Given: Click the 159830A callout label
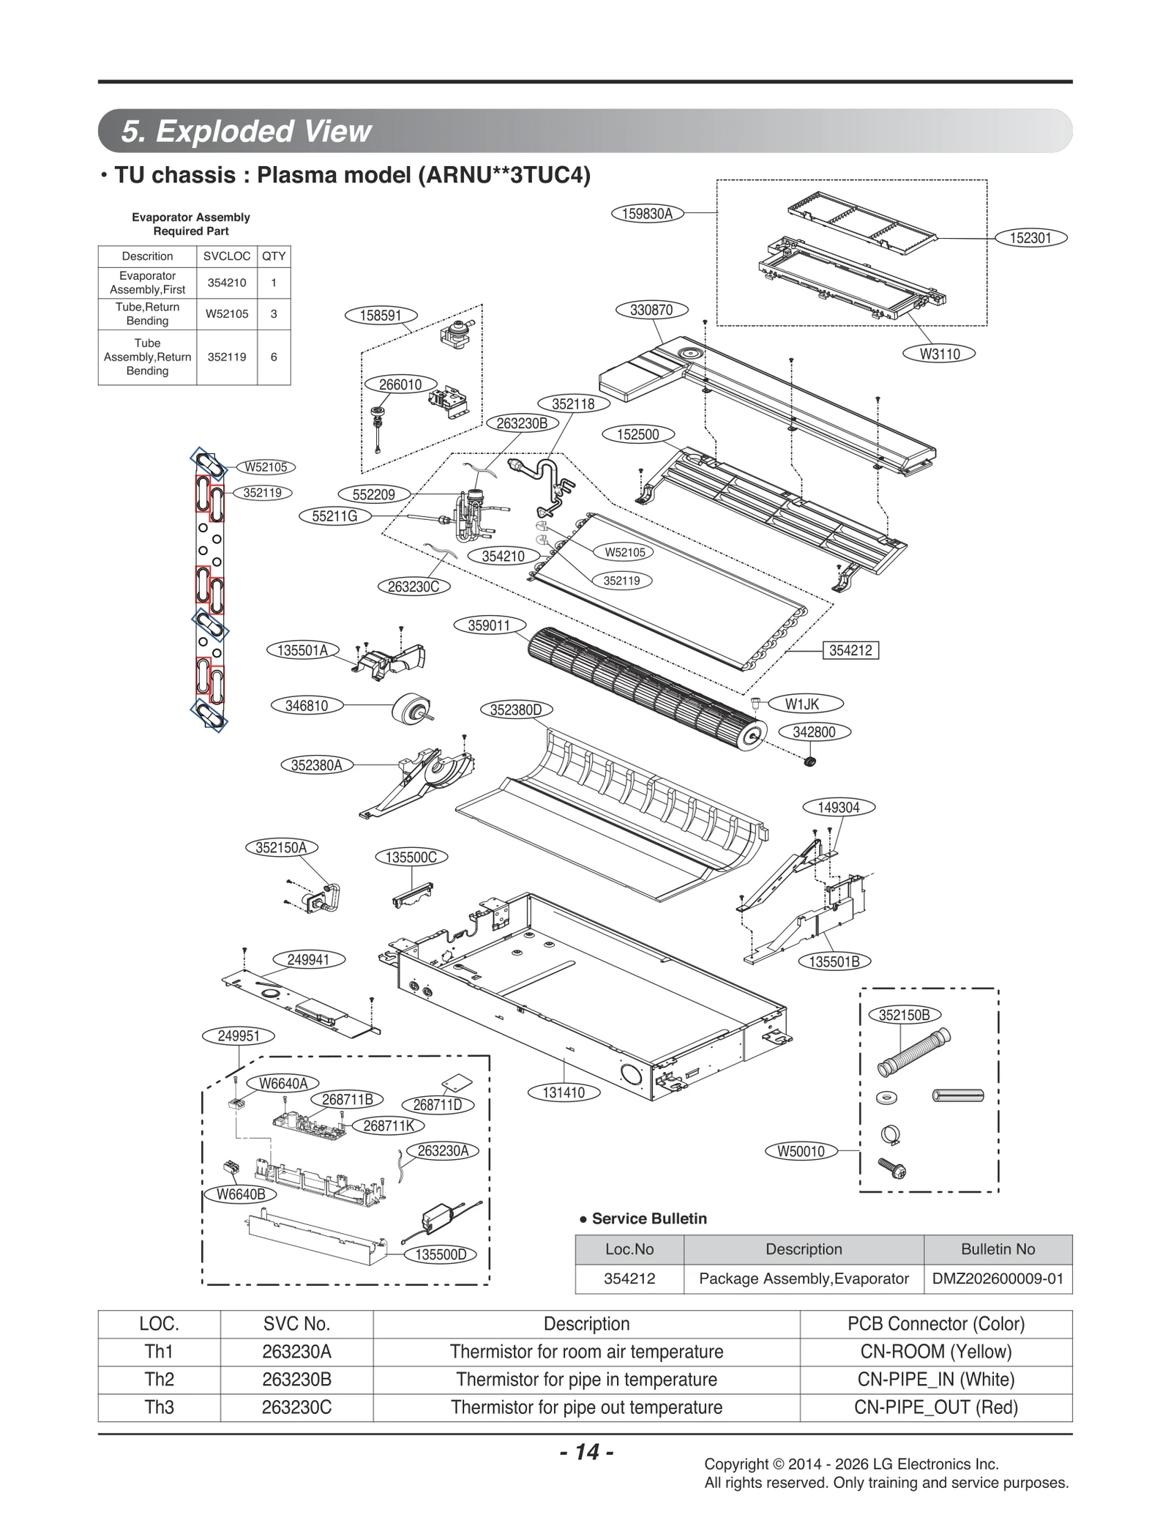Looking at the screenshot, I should coord(647,214).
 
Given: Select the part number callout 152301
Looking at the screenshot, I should coord(1030,237).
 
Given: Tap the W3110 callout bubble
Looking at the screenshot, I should coord(939,354).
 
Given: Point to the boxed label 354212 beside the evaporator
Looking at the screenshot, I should coord(850,650).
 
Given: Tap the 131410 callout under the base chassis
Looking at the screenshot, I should coord(564,1093).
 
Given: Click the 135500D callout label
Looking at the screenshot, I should coord(441,1254).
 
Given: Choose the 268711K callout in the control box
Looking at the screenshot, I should coord(389,1125).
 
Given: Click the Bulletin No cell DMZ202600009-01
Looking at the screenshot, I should coord(998,1279).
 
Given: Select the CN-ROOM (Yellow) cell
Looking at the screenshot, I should coord(935,1352).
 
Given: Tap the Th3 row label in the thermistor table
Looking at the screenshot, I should coord(159,1407).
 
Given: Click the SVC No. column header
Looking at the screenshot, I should coord(296,1324).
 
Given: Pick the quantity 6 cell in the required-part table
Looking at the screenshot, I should coord(274,357).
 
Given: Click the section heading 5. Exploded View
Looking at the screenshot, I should coord(247,131).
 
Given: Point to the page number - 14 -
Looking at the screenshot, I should coord(586,1452).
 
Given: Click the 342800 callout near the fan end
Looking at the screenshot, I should coord(814,732).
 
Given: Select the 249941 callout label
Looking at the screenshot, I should coord(308,959).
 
